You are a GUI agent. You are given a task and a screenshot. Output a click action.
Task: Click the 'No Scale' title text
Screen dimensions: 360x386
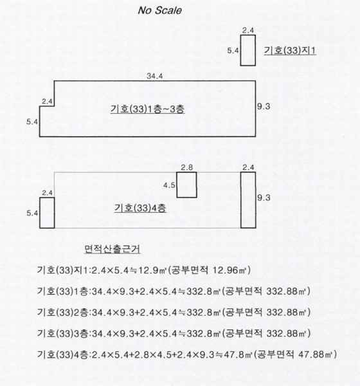[159, 10]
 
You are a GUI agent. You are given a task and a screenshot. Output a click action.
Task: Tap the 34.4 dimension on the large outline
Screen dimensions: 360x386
[155, 76]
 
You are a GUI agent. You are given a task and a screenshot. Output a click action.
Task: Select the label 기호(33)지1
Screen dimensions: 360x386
[290, 50]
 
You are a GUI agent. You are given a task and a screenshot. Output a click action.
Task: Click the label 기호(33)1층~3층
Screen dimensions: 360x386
[147, 109]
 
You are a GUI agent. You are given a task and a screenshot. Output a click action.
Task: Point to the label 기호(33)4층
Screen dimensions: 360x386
[140, 208]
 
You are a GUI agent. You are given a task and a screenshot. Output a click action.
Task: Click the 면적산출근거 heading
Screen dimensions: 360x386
[113, 249]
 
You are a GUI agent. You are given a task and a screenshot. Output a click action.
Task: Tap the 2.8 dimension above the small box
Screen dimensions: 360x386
[187, 168]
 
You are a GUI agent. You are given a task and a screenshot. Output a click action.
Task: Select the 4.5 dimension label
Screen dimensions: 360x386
[169, 185]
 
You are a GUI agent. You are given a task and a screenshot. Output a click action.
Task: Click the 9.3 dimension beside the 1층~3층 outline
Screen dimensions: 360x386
[264, 106]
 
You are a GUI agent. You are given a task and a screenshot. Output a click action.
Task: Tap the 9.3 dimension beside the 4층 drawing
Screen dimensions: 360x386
[264, 198]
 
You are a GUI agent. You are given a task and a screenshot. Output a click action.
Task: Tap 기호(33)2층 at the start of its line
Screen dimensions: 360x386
[62, 313]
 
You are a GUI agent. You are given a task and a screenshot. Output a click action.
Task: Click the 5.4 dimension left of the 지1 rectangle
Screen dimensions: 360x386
[233, 51]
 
